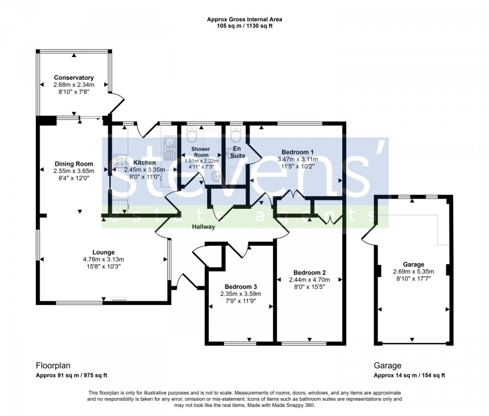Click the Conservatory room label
[73, 77]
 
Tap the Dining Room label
[73, 164]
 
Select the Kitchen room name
[145, 163]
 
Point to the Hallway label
[203, 227]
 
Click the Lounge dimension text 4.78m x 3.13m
[104, 259]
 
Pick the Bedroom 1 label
[298, 152]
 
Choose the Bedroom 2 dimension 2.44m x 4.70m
[309, 280]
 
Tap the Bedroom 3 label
[241, 287]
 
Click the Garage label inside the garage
[413, 264]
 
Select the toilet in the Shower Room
[191, 135]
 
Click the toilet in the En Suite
[235, 134]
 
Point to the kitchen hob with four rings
[120, 161]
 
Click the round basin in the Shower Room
[216, 177]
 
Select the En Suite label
[237, 152]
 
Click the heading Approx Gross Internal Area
[244, 20]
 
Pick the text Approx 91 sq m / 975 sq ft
[71, 375]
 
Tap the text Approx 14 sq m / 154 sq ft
[410, 375]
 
